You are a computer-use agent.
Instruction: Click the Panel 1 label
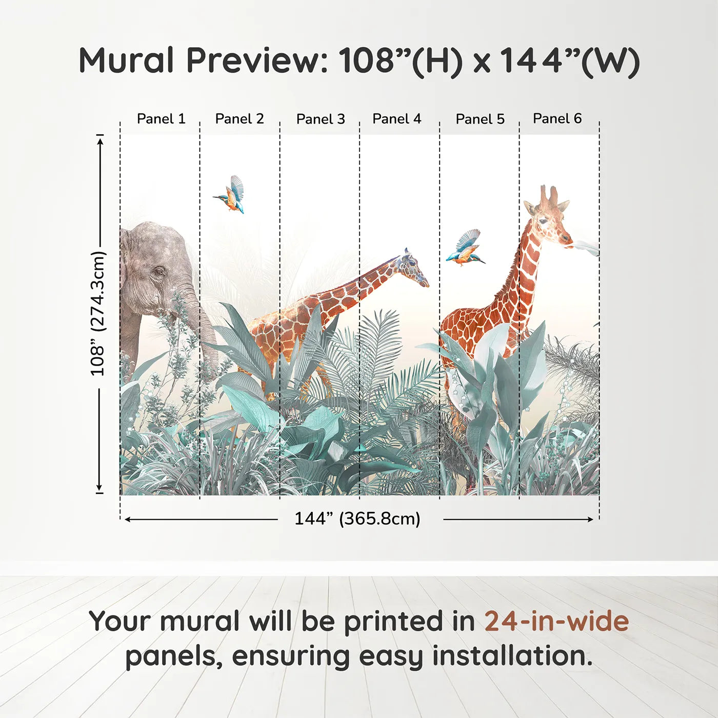[161, 119]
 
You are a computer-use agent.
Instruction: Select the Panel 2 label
[240, 119]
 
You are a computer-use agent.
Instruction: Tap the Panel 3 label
[321, 119]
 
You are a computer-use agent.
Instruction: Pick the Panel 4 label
[397, 119]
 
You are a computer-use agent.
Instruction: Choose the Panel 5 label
[480, 119]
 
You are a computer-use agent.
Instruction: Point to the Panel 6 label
[557, 118]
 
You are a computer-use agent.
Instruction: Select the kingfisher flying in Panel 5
[465, 248]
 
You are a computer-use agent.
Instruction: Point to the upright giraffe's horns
[548, 194]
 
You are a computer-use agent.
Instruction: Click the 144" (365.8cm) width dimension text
[357, 519]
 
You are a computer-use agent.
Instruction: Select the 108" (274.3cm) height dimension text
[98, 313]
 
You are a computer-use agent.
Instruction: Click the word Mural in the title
[127, 61]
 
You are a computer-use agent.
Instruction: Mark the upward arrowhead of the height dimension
[100, 141]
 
